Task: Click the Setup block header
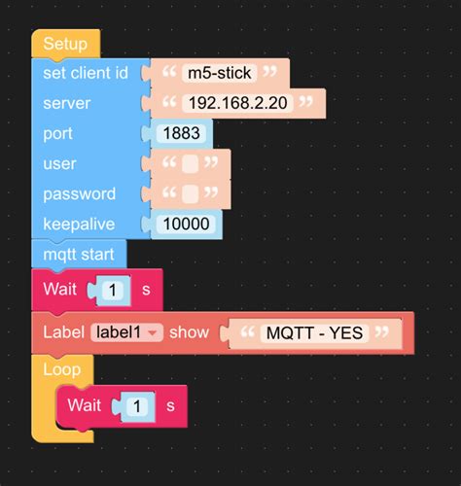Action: [64, 44]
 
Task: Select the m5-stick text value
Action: [221, 72]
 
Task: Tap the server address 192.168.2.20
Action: [238, 103]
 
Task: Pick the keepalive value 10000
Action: [186, 225]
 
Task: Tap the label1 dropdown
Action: [126, 332]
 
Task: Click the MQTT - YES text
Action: [314, 333]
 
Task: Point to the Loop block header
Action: [61, 370]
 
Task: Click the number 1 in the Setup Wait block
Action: [114, 290]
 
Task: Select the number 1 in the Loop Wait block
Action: [139, 405]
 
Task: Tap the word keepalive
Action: [80, 225]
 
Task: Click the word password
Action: [79, 194]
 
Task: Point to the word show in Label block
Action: [189, 332]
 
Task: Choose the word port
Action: [58, 134]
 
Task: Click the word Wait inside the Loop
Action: [85, 405]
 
